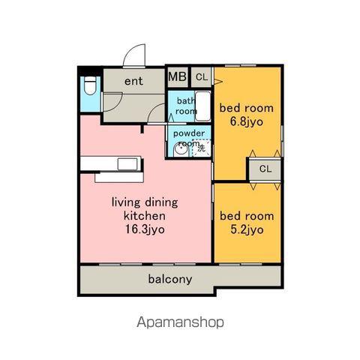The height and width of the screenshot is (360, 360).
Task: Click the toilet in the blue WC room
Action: coord(90,85)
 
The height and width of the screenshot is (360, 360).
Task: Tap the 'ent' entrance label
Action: coord(133,81)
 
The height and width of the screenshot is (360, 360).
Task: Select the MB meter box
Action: coord(178,76)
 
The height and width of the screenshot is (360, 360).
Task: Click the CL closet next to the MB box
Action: coord(202,77)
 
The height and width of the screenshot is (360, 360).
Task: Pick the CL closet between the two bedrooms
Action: coord(265,169)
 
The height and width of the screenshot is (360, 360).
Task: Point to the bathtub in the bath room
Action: coord(202,106)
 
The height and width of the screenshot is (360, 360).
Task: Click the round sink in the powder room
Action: coord(181,151)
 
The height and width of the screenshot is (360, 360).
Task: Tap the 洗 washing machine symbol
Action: coord(201,148)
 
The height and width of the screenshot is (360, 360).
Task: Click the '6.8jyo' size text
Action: coord(247,122)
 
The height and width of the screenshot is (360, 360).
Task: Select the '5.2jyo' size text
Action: coord(247,229)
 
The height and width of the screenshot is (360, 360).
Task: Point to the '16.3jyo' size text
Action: coord(145,229)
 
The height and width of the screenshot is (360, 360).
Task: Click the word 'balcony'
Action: coord(170,279)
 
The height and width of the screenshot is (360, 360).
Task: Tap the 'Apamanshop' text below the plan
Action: coord(180,322)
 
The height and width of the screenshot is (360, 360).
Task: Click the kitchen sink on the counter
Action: coord(127,164)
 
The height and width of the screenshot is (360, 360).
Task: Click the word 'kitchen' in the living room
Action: coord(145,216)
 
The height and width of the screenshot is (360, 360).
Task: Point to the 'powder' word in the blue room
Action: coord(189,133)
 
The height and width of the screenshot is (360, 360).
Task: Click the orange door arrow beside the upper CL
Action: coord(217,81)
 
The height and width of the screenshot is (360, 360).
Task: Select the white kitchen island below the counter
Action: coord(119,177)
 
